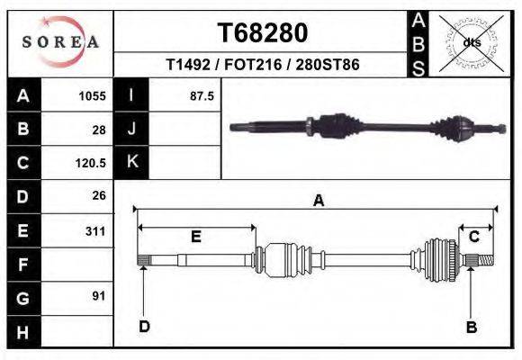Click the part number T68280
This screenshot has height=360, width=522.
(x=263, y=33)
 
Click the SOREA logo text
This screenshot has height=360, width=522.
(x=60, y=42)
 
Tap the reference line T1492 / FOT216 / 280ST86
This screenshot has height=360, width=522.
(x=262, y=67)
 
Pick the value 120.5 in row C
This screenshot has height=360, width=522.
(x=90, y=163)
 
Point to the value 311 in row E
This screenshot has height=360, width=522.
(x=94, y=231)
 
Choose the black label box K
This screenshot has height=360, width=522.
(x=131, y=162)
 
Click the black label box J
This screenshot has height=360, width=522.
(x=131, y=130)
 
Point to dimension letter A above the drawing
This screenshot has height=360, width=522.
(x=317, y=202)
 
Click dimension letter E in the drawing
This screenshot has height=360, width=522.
(x=196, y=237)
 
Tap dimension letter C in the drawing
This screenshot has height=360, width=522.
(x=473, y=237)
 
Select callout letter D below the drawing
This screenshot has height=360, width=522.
(x=144, y=327)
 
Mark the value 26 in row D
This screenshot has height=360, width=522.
(x=98, y=195)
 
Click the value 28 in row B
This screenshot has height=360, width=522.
(x=98, y=130)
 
